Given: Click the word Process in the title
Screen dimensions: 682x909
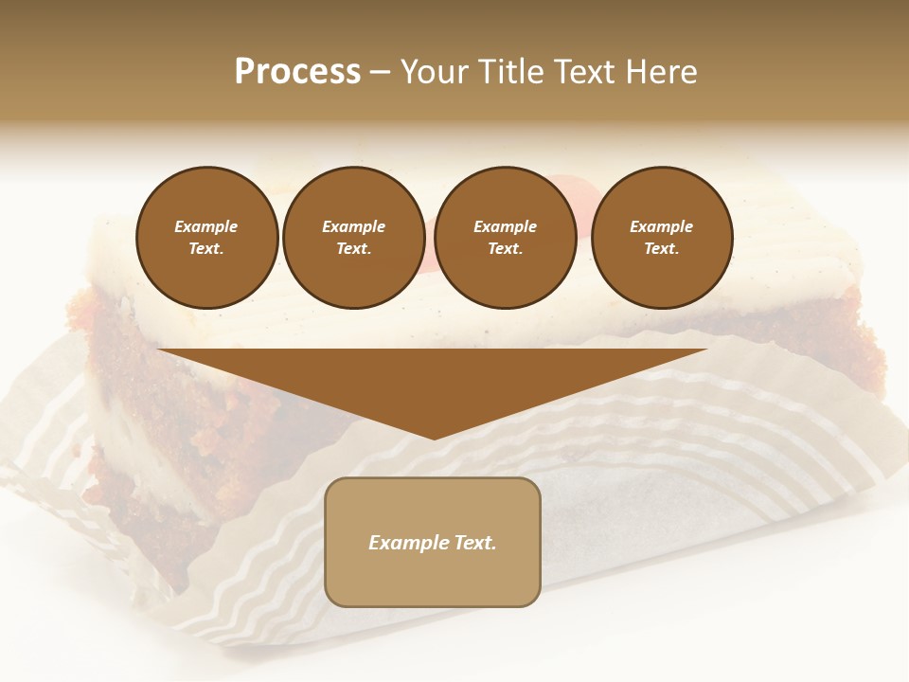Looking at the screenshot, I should coord(297,72).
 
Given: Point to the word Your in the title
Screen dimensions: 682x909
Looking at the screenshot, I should coord(436,72).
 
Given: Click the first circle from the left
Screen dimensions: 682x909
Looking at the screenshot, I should coord(206,238).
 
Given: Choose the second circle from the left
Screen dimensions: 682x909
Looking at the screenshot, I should coord(353,238).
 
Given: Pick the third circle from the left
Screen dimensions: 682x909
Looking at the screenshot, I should coord(505,238).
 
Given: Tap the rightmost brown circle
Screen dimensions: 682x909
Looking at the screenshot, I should coord(661,238).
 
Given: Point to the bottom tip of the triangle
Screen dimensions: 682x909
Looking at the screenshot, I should coord(433,438).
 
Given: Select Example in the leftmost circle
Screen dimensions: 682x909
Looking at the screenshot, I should coord(206,226).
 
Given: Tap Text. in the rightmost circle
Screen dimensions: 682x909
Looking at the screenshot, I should coord(661,249).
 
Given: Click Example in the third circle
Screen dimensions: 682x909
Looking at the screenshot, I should coord(505,226).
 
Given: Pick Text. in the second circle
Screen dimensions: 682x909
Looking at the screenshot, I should coord(353,249).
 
